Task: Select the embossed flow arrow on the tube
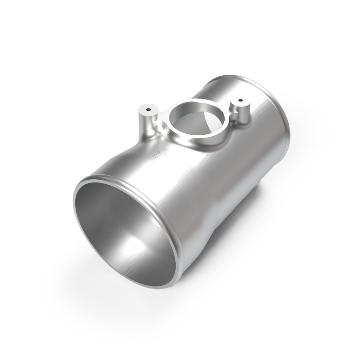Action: tap(157, 155)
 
